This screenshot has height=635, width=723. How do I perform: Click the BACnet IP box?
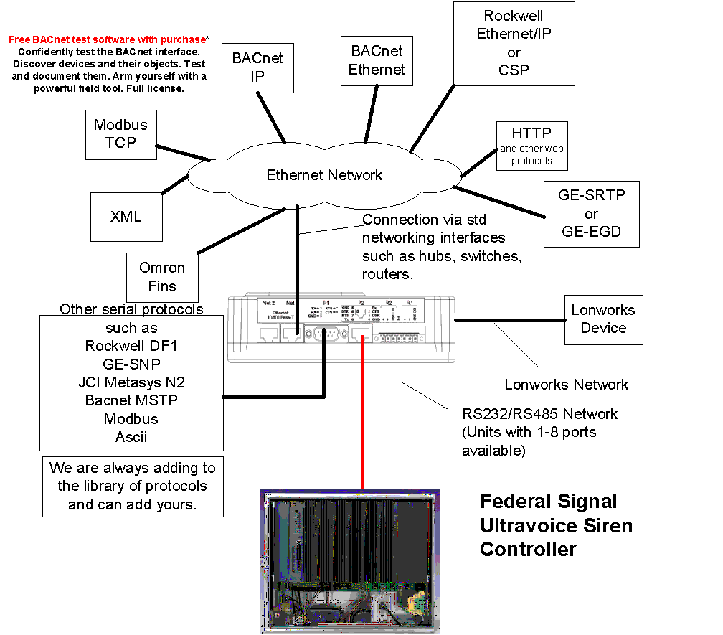coord(257,67)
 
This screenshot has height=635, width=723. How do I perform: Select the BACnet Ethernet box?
coord(377,60)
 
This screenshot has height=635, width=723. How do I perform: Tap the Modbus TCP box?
coord(120,134)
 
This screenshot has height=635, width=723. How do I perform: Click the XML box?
coord(126,216)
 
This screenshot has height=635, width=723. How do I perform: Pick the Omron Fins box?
coord(162,277)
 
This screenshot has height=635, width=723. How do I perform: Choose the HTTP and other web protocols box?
coord(531,146)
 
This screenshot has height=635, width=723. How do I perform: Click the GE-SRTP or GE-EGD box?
coord(591,214)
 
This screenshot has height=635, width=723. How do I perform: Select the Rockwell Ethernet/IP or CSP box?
coord(514,42)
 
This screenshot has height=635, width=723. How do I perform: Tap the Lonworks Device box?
coord(603,319)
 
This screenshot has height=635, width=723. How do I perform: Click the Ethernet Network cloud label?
coord(324,175)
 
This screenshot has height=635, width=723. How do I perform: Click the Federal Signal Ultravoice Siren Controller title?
coord(556,525)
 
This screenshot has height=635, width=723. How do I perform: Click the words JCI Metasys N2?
coord(131,382)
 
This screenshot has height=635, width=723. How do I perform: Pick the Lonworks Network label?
coord(566,385)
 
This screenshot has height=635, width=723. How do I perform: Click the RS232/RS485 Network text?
coord(539,414)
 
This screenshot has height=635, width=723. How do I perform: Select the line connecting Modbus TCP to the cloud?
coord(183,153)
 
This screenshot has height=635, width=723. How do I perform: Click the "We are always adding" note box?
coord(133,486)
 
